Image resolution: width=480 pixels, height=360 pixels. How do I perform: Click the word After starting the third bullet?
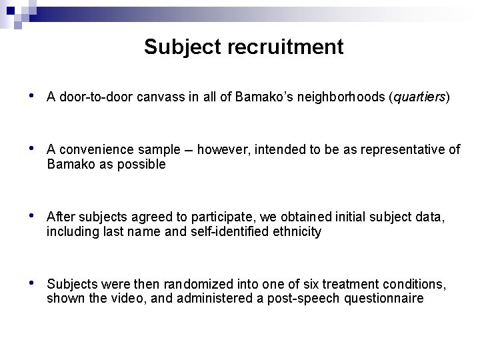(x=61, y=218)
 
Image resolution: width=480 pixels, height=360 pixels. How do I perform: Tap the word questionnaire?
(x=383, y=299)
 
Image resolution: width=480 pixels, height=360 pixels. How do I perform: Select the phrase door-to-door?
(x=91, y=97)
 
